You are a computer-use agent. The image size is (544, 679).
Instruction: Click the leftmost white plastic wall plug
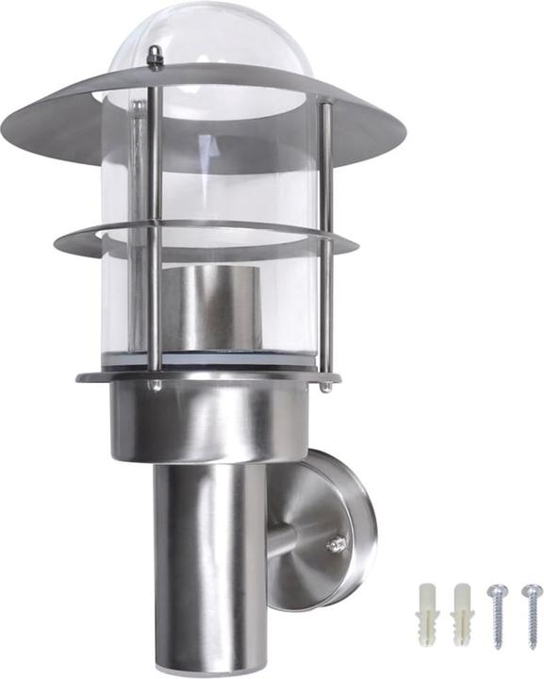[428, 615]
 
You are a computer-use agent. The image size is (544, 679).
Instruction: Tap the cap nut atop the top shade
[156, 58]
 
